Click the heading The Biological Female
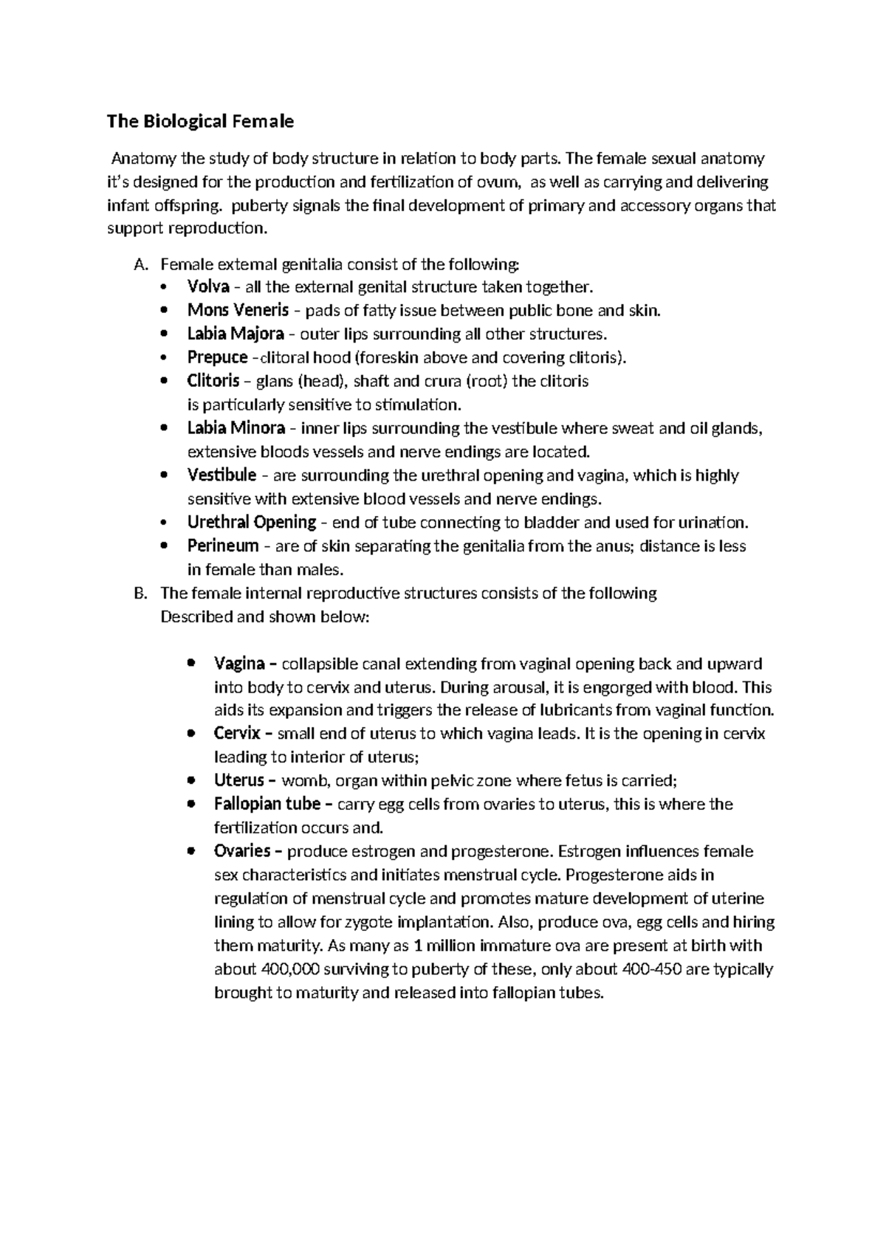click(200, 121)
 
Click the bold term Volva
click(208, 286)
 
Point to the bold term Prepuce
click(217, 357)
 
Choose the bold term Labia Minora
click(236, 427)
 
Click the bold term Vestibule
click(221, 475)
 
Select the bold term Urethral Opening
click(252, 522)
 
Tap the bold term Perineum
click(223, 546)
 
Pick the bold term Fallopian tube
click(267, 803)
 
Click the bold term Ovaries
click(242, 850)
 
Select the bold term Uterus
click(238, 780)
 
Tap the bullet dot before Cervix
click(191, 733)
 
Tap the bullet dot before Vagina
click(191, 663)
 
